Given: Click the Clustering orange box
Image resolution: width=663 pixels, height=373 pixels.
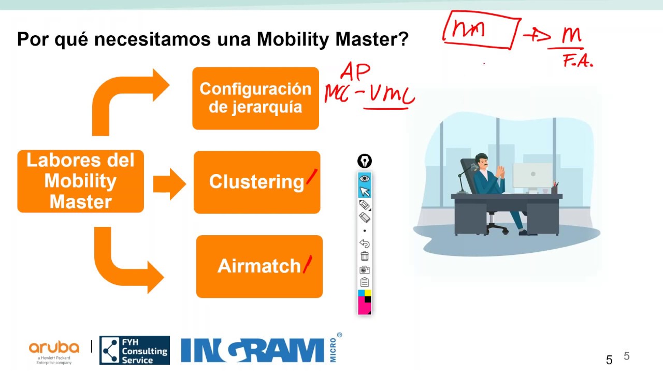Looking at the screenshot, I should [x=257, y=182].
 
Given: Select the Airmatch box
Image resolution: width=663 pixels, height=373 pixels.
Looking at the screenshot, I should [x=259, y=266].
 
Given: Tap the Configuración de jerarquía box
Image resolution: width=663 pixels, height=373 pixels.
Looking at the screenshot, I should [x=255, y=98].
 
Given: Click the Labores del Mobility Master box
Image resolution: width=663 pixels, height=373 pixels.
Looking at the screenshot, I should [x=80, y=181].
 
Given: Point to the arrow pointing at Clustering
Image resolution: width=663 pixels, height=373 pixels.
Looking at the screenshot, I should [x=169, y=183].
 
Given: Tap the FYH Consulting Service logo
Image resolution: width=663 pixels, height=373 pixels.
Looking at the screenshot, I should [x=135, y=350].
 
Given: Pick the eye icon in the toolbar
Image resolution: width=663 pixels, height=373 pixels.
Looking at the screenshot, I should [x=365, y=179].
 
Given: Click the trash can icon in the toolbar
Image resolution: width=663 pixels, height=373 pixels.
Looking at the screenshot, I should [x=365, y=256].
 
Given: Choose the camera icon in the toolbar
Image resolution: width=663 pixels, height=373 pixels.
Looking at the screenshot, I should [x=365, y=269].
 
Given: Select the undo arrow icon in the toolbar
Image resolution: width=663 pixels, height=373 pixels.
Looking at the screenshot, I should [x=365, y=243].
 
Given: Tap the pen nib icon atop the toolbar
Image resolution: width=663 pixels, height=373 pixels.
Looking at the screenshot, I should [x=365, y=161].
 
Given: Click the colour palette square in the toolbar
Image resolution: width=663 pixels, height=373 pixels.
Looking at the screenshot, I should [x=365, y=302].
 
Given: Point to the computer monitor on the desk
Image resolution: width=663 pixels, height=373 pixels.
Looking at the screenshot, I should [x=532, y=175].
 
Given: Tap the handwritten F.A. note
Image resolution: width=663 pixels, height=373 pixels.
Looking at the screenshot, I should [x=578, y=63].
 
